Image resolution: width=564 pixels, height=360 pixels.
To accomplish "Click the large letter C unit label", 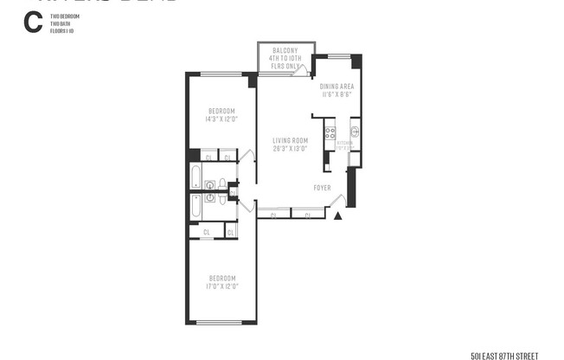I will (x=32, y=23).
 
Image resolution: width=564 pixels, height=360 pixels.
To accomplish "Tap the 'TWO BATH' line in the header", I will (x=60, y=22).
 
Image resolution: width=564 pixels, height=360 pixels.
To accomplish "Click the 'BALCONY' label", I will (x=286, y=51).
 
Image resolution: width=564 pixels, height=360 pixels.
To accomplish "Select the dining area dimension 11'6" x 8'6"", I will (x=336, y=94).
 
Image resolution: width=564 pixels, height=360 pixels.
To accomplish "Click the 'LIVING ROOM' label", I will (x=291, y=141).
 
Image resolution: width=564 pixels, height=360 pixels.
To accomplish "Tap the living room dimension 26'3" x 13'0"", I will (x=291, y=148).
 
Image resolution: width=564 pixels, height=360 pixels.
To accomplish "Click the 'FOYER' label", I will (x=322, y=187).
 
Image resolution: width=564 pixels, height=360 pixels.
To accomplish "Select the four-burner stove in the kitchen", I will (x=330, y=133).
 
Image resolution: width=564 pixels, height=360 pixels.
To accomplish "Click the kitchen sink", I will (x=355, y=132).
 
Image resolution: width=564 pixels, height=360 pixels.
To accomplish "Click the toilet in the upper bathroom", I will (x=223, y=183).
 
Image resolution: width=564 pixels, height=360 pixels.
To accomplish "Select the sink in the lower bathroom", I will (x=210, y=197).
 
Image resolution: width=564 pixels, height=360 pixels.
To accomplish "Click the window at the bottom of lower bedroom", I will (x=221, y=322).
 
